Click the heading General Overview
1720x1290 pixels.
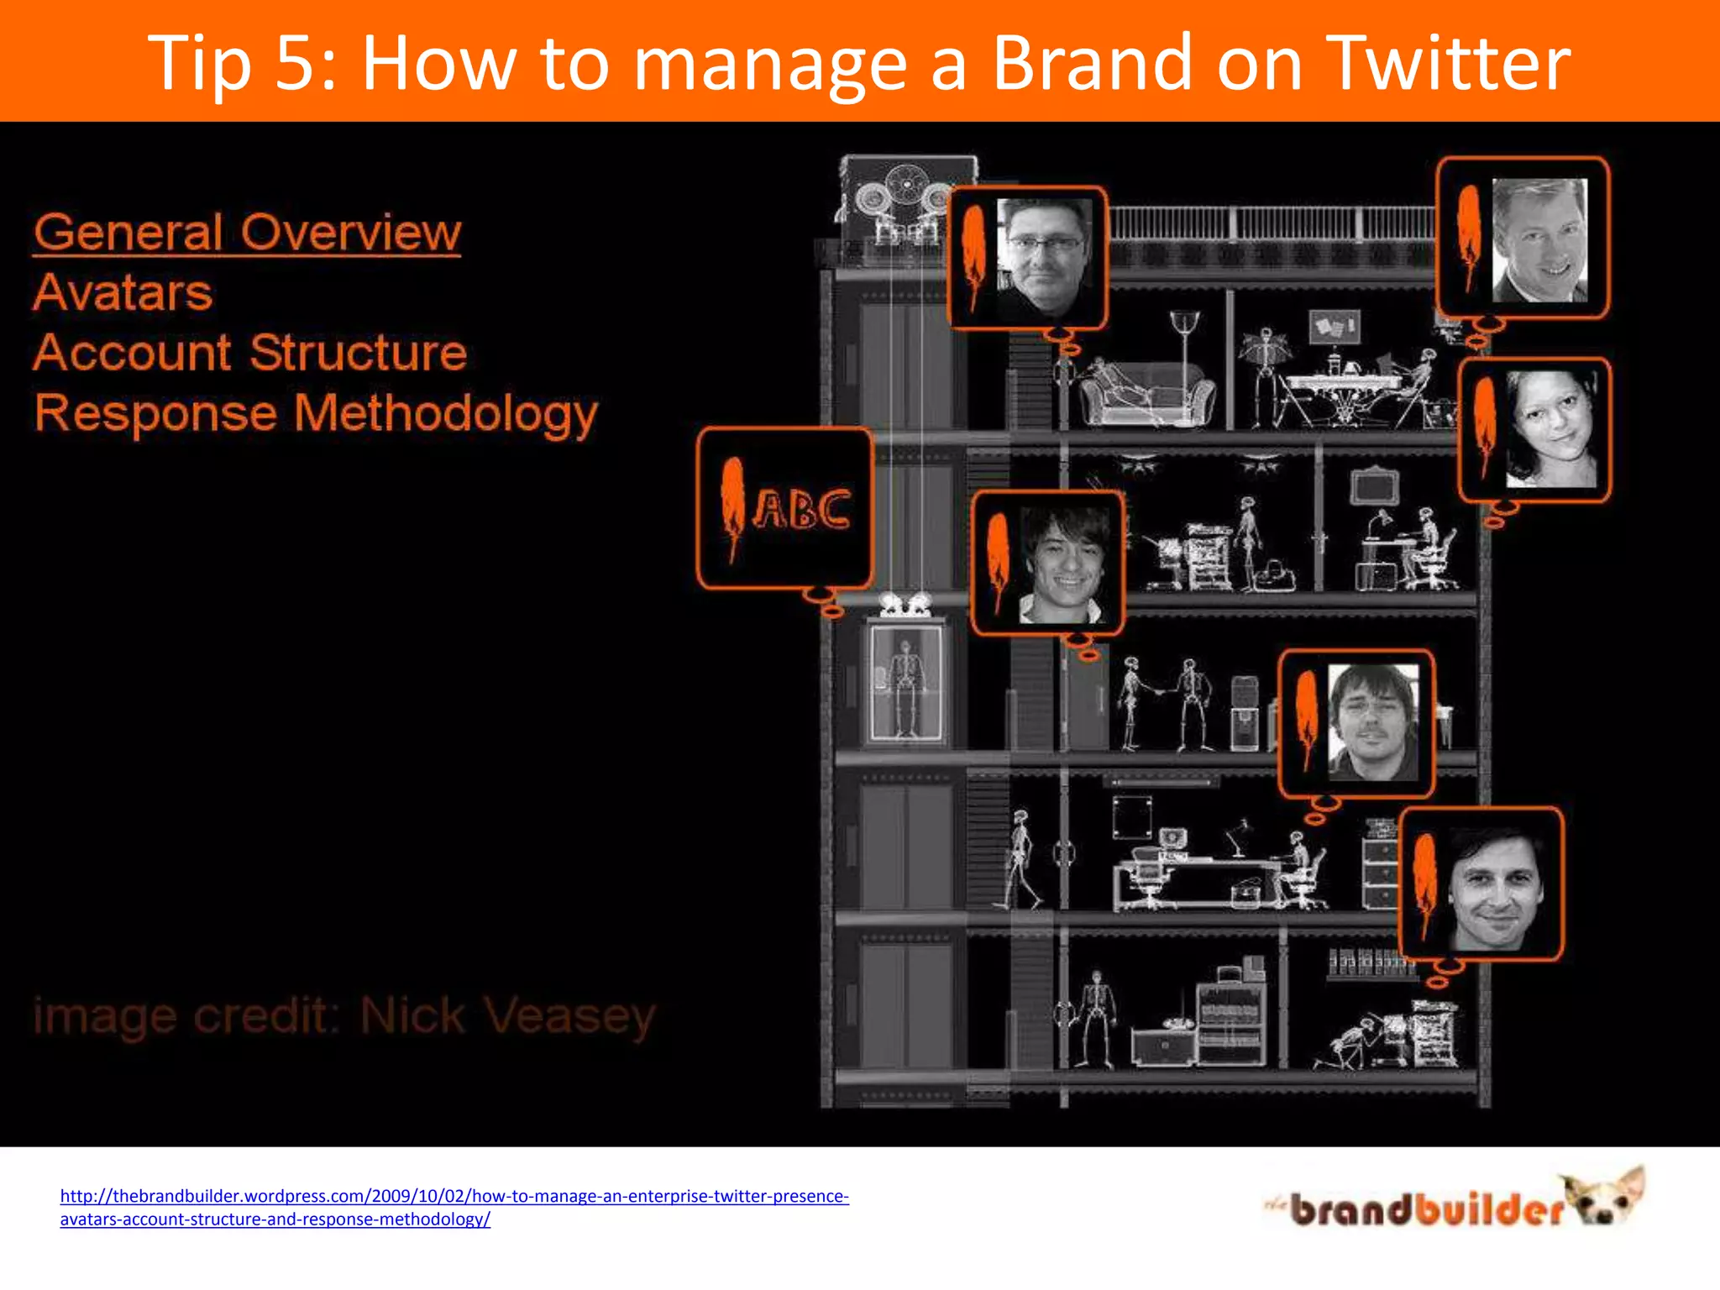247,233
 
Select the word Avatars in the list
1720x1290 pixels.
123,293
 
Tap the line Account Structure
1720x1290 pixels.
249,353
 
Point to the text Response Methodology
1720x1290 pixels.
316,413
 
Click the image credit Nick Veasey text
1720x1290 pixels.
344,1016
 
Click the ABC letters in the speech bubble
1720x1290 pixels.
802,509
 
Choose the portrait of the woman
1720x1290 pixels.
1550,428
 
